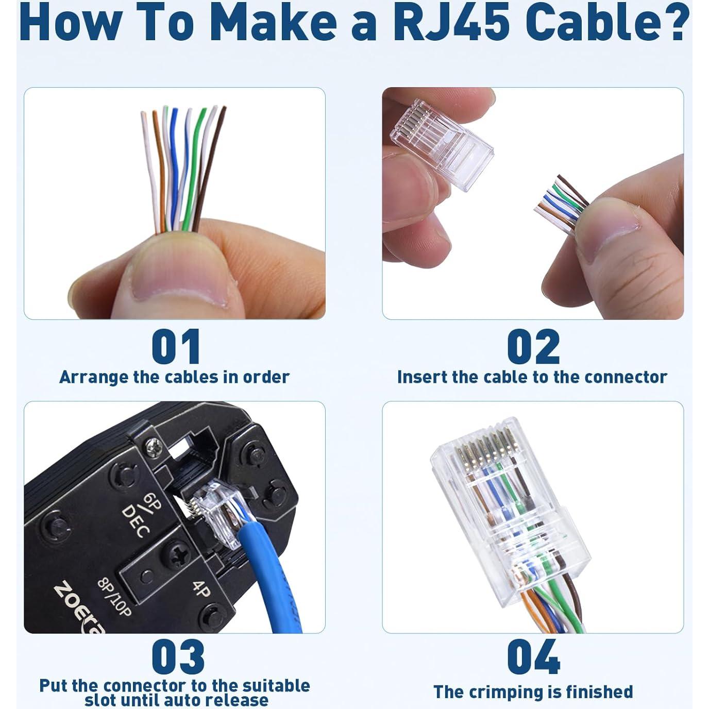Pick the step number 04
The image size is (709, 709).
[533, 656]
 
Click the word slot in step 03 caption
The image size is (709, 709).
[104, 700]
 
